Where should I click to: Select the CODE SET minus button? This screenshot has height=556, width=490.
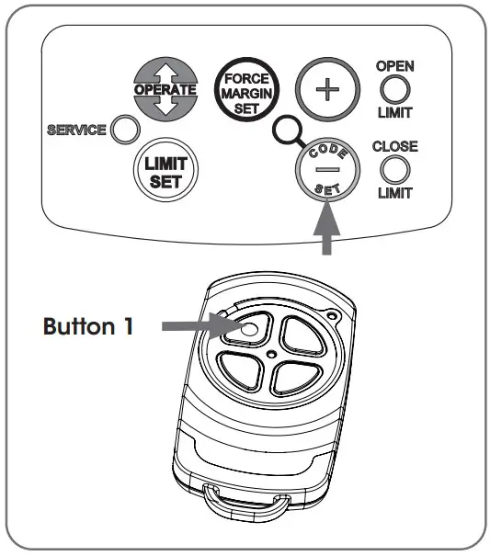tap(325, 171)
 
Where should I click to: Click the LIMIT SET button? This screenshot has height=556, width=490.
tap(166, 170)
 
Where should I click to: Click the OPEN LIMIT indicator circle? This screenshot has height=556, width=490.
tap(393, 89)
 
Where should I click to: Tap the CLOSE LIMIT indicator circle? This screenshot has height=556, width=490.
tap(393, 169)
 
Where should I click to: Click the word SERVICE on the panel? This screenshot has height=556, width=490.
tap(76, 130)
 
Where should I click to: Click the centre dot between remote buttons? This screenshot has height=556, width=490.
tap(274, 353)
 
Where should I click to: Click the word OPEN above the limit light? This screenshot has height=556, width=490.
tap(393, 66)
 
